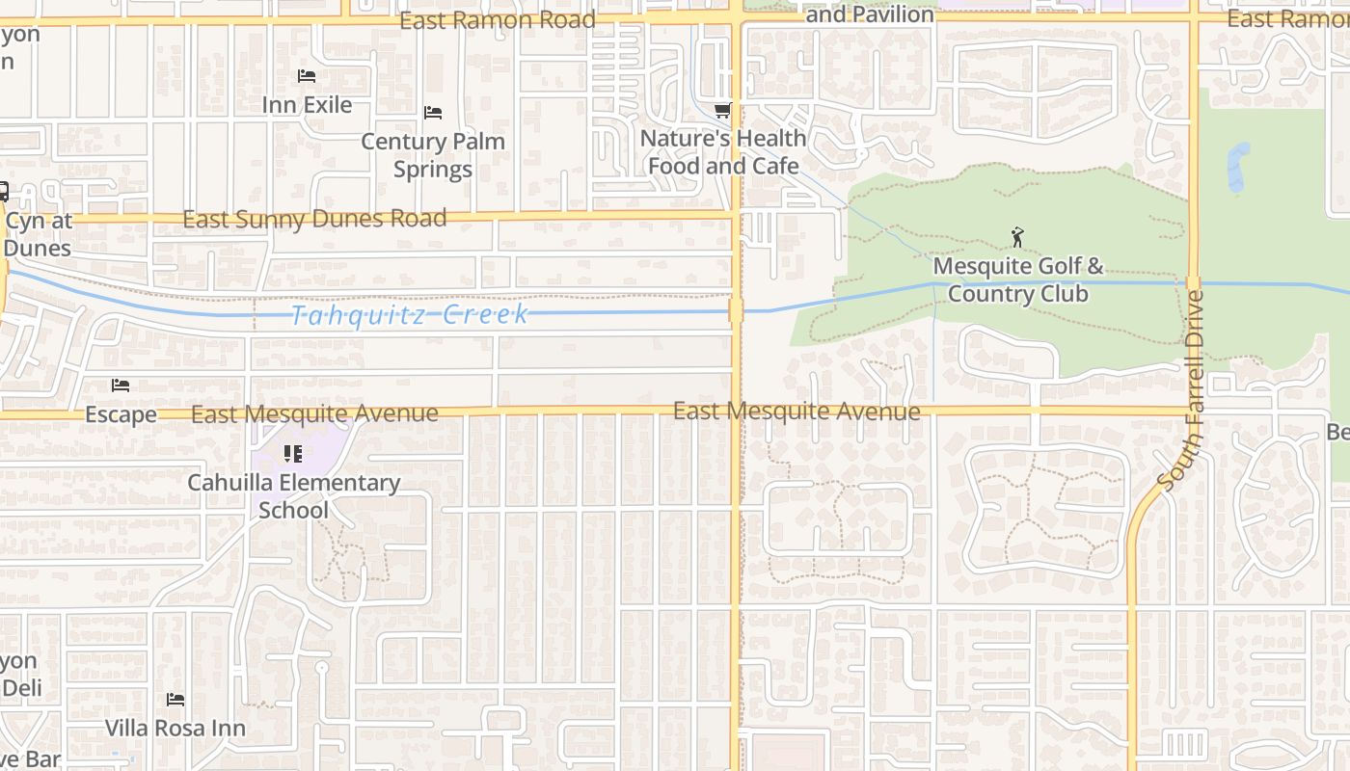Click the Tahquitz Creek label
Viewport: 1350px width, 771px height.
(410, 315)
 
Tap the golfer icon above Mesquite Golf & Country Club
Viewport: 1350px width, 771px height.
(1016, 236)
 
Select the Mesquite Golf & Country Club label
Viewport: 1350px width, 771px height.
(1017, 279)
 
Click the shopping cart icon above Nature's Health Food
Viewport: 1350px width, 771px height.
(723, 111)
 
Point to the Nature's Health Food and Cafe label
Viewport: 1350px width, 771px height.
(723, 152)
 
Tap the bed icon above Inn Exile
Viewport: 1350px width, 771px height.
(307, 75)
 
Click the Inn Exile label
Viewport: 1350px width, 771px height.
(307, 104)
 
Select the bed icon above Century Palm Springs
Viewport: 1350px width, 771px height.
(433, 113)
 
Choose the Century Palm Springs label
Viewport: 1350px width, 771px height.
(433, 155)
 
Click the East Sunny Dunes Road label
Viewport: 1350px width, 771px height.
(314, 219)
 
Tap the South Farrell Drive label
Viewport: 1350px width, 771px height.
(1184, 390)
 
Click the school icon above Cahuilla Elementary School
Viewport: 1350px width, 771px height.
(293, 453)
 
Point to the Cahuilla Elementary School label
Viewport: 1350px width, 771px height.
(293, 495)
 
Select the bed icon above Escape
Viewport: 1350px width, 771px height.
(121, 385)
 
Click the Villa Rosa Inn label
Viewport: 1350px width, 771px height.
(175, 728)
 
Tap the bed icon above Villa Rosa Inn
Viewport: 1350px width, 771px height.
(175, 699)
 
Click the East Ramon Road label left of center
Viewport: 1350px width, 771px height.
(498, 20)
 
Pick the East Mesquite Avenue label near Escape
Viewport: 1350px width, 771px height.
(314, 414)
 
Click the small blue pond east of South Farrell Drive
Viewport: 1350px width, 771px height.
(1237, 167)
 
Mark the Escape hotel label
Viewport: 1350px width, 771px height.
(121, 414)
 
